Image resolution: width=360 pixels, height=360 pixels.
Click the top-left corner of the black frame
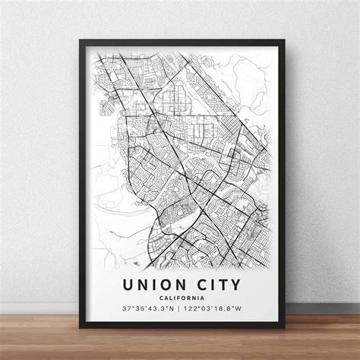79,39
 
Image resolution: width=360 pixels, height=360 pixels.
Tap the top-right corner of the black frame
284,39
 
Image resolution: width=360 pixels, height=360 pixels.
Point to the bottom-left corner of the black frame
79,327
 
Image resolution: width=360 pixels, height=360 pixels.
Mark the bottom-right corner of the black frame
284,327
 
